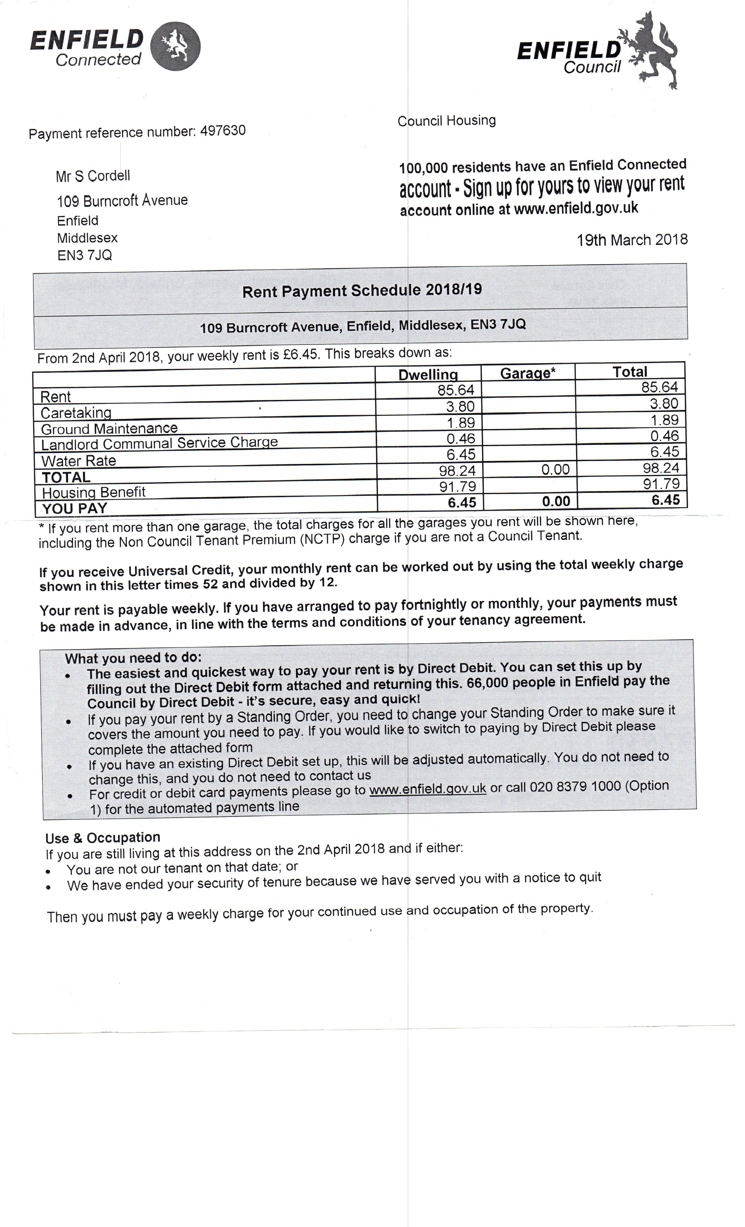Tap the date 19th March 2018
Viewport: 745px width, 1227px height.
[x=632, y=240]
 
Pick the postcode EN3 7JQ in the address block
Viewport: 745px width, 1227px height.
[x=85, y=255]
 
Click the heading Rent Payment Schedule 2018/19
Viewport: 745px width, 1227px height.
[x=362, y=290]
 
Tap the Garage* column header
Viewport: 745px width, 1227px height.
[x=527, y=373]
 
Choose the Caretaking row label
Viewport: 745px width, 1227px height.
[x=76, y=412]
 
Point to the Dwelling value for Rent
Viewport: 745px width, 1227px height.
[x=456, y=390]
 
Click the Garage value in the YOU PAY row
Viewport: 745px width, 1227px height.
[x=556, y=501]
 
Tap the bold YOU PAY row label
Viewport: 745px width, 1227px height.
[x=75, y=508]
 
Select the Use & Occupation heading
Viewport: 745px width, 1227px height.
[x=103, y=838]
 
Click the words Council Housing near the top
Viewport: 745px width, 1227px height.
[x=447, y=120]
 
